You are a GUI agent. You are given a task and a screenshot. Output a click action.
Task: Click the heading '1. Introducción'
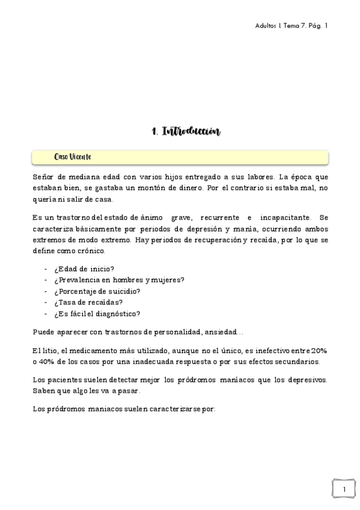[186, 131]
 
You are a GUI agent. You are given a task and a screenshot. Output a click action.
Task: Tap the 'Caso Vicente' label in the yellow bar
[72, 157]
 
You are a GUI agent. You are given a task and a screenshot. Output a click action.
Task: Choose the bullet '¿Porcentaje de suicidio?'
[97, 291]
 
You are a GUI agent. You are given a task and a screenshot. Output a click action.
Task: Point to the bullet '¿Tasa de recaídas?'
[88, 302]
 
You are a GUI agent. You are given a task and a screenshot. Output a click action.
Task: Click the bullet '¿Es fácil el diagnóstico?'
[97, 313]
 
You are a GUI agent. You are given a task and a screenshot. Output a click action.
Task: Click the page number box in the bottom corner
[343, 490]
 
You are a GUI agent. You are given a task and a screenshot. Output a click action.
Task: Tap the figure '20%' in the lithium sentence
[319, 351]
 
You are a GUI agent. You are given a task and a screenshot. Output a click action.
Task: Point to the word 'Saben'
[44, 391]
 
